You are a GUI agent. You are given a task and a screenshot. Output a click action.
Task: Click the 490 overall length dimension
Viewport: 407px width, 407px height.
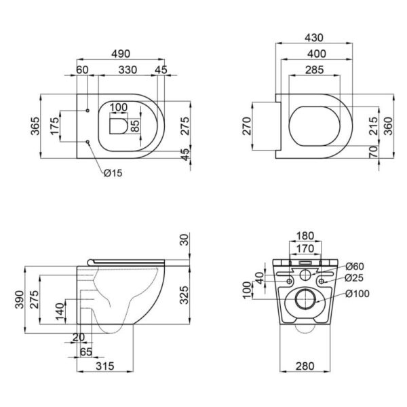tap(121, 54)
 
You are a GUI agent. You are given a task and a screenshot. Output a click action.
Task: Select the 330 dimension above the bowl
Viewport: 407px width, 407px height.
tap(128, 70)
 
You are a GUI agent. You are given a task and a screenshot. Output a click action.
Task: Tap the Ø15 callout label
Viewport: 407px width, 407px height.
tap(113, 173)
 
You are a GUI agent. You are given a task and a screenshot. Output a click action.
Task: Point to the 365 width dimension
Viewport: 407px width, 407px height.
tap(35, 126)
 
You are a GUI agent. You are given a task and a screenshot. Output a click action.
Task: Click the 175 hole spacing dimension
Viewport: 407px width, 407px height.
tap(55, 126)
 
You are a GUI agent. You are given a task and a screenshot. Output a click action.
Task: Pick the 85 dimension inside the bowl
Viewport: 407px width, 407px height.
tap(135, 125)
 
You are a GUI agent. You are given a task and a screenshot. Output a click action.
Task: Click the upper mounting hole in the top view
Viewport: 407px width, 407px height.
tap(88, 111)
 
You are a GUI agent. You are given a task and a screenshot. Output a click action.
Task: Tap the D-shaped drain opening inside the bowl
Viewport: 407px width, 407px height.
tap(118, 126)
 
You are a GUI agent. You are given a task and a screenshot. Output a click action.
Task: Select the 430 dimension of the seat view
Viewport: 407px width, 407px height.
tap(314, 37)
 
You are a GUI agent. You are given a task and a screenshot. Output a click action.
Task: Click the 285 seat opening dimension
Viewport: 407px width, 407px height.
tap(314, 70)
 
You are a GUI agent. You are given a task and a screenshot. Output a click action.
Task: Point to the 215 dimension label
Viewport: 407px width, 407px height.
tap(374, 126)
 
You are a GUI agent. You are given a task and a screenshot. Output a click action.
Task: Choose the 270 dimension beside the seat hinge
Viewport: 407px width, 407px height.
tap(247, 126)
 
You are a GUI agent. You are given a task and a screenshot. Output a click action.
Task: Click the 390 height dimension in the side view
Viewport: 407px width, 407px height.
tap(20, 300)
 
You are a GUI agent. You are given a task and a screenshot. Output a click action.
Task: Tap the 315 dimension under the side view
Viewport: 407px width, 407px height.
tap(105, 366)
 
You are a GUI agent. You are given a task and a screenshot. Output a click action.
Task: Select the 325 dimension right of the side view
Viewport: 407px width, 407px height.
tap(185, 295)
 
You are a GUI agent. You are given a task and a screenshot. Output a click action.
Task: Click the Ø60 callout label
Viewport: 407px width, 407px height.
tap(355, 267)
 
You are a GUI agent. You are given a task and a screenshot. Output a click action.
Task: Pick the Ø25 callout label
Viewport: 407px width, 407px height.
tap(354, 278)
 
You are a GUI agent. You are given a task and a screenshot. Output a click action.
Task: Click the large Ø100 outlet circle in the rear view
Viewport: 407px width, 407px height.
tap(305, 299)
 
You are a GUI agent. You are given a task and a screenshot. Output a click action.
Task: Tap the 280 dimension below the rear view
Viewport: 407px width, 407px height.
tap(305, 366)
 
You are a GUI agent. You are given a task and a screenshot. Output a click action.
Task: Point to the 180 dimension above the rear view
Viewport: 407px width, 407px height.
tap(305, 235)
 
